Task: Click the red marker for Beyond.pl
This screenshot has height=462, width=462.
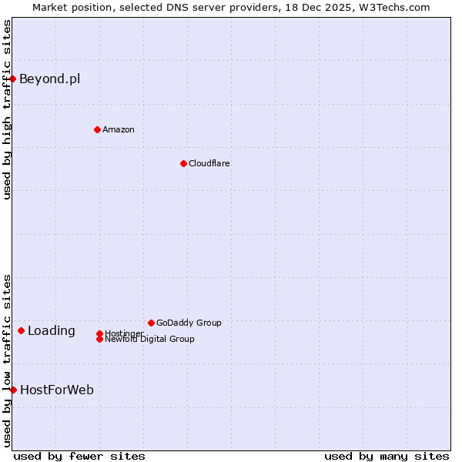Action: [x=13, y=79]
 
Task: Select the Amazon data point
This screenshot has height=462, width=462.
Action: [x=97, y=129]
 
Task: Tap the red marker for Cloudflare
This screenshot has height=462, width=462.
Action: [x=183, y=163]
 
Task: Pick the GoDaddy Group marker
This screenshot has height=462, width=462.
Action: [x=151, y=323]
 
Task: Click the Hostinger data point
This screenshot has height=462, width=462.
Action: [x=99, y=333]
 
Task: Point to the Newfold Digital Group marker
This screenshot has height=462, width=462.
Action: [x=99, y=339]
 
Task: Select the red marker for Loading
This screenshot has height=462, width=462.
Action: [x=21, y=330]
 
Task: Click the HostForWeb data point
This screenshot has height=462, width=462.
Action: [x=13, y=390]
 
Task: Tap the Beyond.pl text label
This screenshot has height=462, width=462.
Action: [x=49, y=79]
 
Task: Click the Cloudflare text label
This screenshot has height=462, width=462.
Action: [x=209, y=163]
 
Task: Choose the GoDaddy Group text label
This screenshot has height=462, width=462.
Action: [x=189, y=323]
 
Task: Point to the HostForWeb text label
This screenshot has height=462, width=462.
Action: [x=57, y=390]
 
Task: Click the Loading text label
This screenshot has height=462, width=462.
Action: [x=52, y=331]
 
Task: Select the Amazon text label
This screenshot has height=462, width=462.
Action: [x=119, y=129]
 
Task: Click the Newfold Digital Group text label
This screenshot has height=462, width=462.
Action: [x=149, y=339]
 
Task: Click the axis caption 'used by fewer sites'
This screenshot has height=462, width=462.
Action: [x=79, y=456]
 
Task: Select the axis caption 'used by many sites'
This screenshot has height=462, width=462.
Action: [x=387, y=456]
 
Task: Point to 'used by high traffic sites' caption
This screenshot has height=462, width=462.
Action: [x=7, y=109]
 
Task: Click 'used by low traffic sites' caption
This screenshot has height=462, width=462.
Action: [x=7, y=360]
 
